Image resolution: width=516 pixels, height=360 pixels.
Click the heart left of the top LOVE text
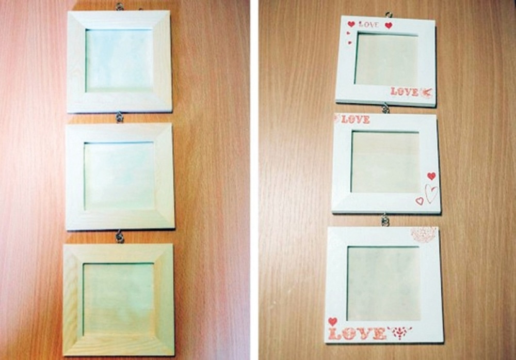[351, 24]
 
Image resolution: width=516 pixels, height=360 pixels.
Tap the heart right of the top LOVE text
[389, 25]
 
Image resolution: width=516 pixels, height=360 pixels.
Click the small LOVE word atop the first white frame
[368, 24]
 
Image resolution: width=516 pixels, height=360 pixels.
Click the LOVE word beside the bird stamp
[405, 91]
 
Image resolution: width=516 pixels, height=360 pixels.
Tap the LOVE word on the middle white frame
[356, 119]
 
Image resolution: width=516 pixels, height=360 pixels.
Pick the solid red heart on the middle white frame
[431, 176]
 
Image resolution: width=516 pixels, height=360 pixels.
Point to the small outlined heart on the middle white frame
[420, 200]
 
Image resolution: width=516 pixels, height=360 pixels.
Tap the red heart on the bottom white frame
[333, 321]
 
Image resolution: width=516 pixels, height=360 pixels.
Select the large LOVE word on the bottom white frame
[357, 334]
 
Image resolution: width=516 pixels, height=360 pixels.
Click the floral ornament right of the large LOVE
[399, 333]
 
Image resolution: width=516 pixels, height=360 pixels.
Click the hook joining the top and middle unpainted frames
[119, 117]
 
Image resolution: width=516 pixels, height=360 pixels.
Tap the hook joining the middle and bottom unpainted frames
[119, 238]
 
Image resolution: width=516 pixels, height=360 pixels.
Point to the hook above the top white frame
[389, 14]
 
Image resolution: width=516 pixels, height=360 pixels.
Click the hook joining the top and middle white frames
[385, 108]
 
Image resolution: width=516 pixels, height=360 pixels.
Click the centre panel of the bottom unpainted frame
[118, 299]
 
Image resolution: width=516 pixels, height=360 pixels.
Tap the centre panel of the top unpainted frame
[119, 60]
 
